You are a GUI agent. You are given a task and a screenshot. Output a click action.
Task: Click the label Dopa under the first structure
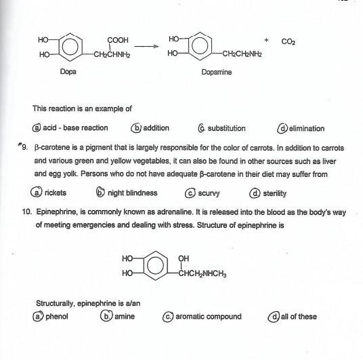pos(67,71)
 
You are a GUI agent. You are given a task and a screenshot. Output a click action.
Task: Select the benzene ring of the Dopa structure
pos(70,47)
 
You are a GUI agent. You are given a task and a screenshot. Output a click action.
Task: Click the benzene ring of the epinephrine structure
pos(154,266)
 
